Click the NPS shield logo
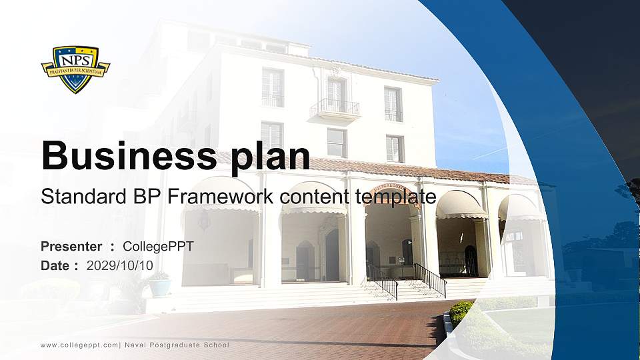click(75, 69)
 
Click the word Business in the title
click(129, 155)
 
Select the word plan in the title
click(270, 158)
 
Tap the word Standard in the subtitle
click(83, 196)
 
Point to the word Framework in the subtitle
click(220, 196)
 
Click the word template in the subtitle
click(395, 197)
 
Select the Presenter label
click(71, 247)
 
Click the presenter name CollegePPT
click(158, 247)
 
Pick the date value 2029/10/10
click(119, 266)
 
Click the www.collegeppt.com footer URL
click(79, 345)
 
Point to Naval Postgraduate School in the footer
click(177, 345)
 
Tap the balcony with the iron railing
click(335, 109)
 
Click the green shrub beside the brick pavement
click(459, 313)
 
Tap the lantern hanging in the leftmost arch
click(204, 221)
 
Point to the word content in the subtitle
click(314, 196)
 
